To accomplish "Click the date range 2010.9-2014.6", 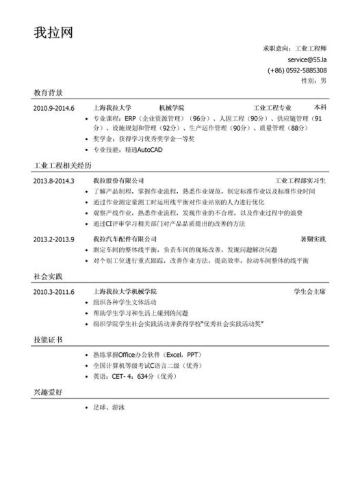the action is tap(53, 108).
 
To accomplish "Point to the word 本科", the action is tap(320, 108).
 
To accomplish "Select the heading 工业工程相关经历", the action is tap(62, 165).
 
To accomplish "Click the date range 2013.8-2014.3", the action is tap(53, 181).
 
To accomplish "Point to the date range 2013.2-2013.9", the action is tap(53, 239).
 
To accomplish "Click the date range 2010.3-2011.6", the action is tap(53, 292).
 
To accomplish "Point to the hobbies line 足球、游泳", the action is tap(108, 408).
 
